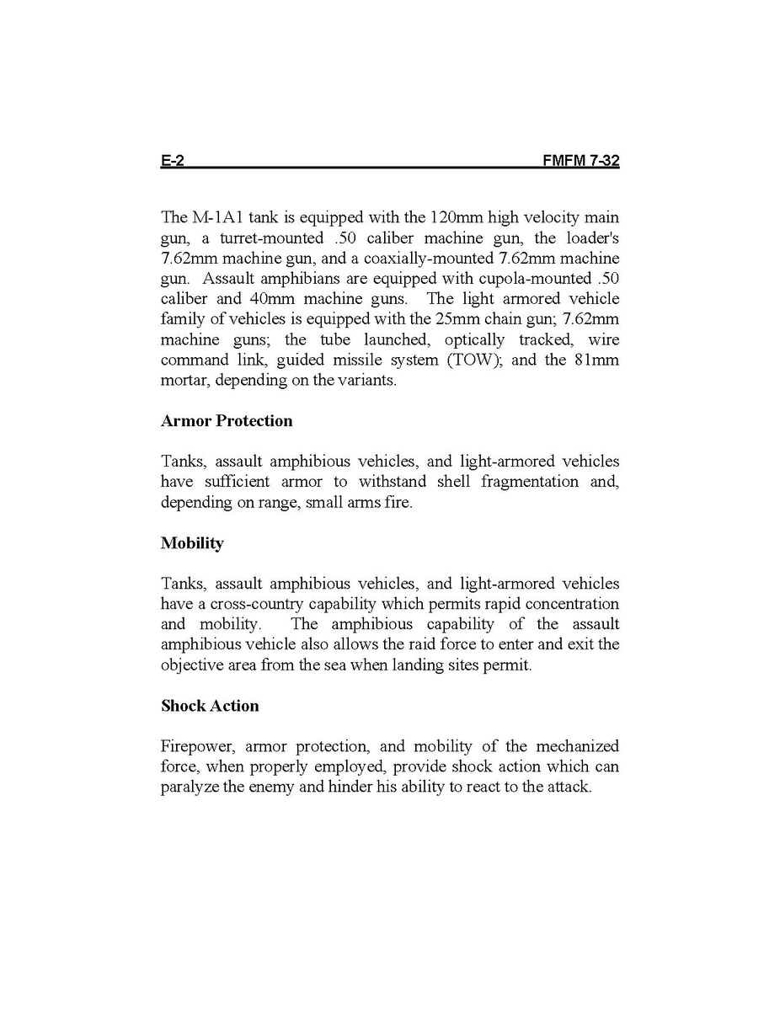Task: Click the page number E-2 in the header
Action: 172,161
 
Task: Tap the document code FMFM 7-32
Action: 581,161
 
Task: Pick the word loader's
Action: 590,238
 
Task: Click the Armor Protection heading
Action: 227,421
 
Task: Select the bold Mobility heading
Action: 192,543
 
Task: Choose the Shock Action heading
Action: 210,706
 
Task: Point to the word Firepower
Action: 195,746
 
